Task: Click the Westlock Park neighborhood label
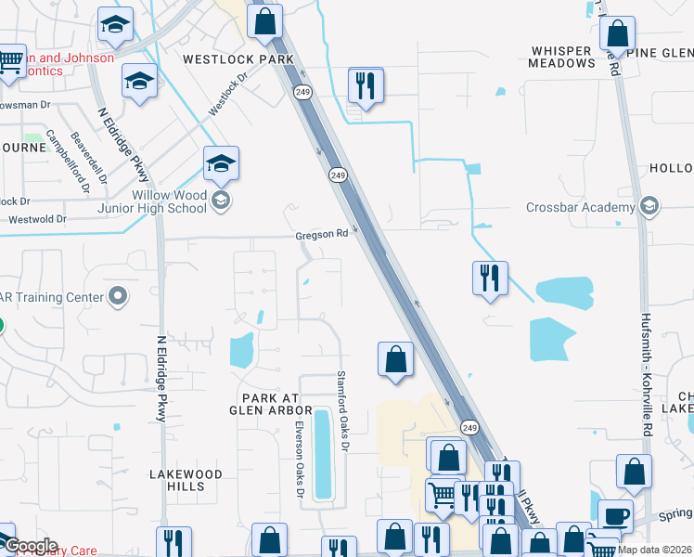[x=238, y=59]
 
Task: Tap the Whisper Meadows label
[x=561, y=57]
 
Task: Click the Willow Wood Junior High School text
[x=155, y=201]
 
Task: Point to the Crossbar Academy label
[x=579, y=207]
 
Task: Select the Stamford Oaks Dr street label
[x=341, y=413]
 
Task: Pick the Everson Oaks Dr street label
[x=299, y=460]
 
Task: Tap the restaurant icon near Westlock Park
[x=366, y=85]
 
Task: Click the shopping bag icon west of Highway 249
[x=395, y=359]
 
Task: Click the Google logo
[x=30, y=546]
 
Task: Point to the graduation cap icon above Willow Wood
[x=222, y=164]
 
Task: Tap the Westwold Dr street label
[x=37, y=219]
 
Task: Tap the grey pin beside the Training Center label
[x=117, y=297]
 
